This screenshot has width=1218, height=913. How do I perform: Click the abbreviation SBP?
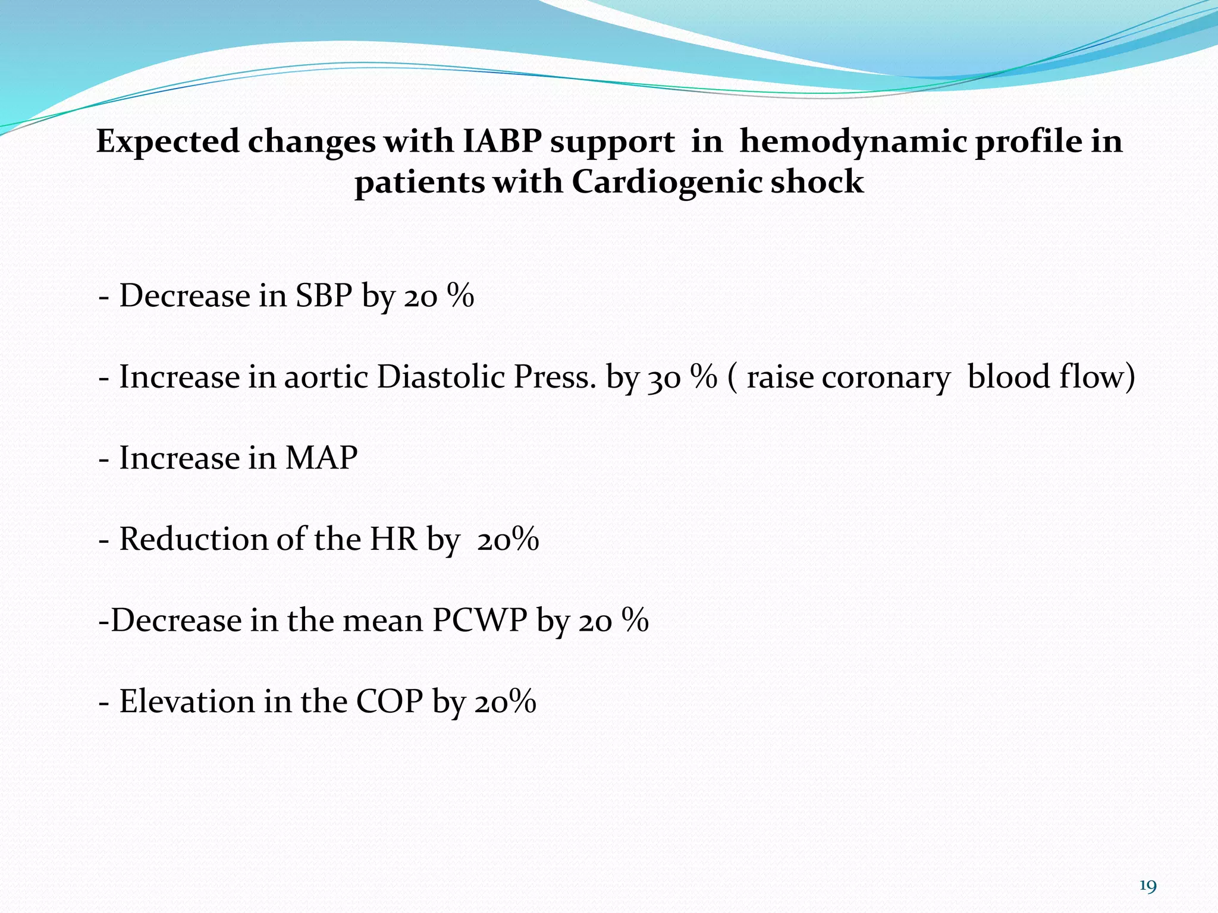[324, 295]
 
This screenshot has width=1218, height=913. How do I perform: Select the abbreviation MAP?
[321, 458]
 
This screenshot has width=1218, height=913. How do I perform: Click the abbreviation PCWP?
[479, 621]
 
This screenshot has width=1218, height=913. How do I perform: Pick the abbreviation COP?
[390, 701]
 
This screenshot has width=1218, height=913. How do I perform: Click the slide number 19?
[1148, 887]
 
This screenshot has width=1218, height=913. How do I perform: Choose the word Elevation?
[187, 701]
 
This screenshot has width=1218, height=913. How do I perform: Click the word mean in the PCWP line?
[384, 621]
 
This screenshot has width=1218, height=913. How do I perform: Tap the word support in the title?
[612, 143]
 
